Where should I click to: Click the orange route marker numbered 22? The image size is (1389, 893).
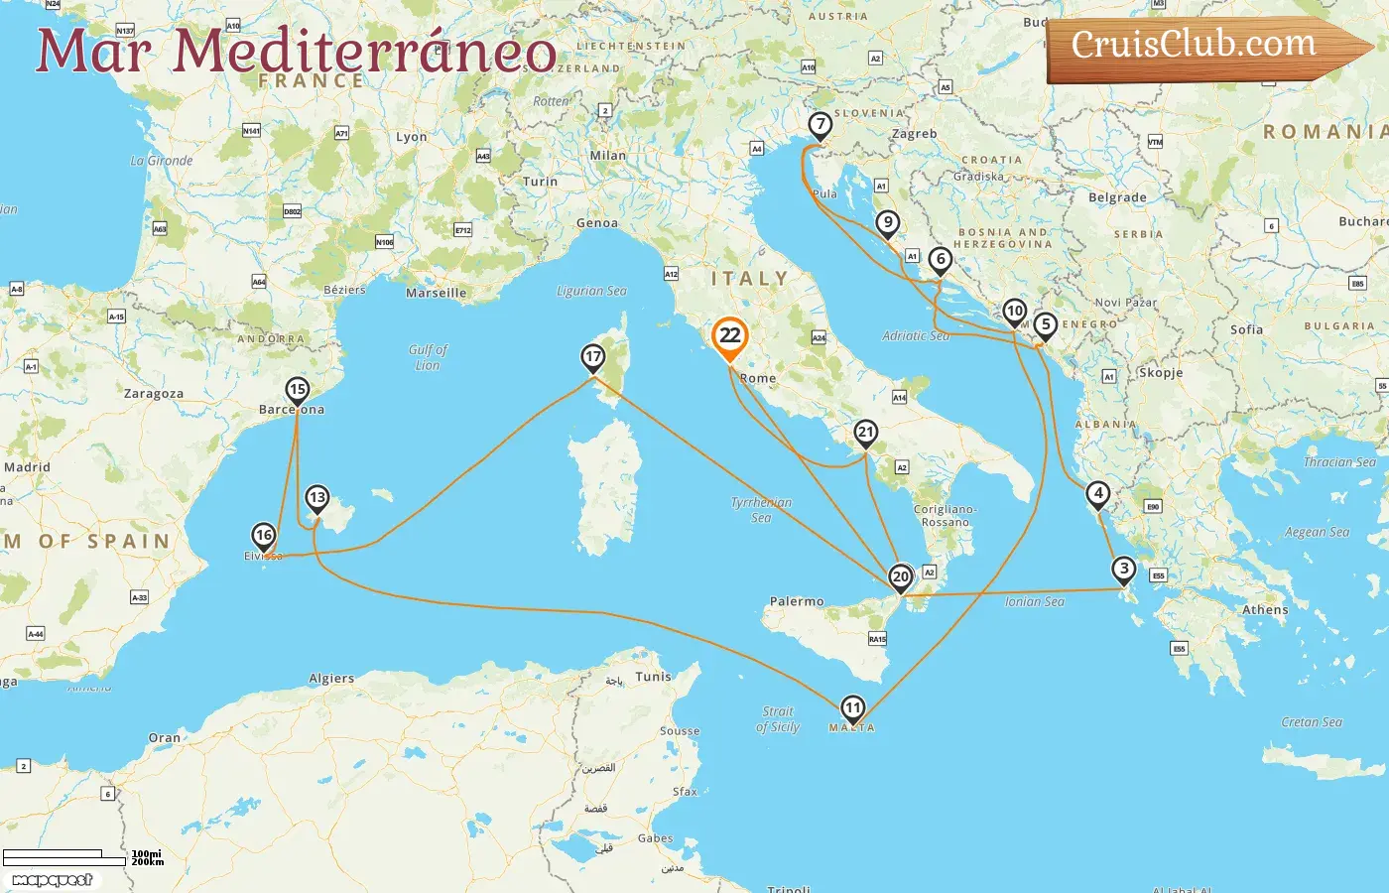(x=730, y=335)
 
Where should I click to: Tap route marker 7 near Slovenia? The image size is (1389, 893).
(x=820, y=125)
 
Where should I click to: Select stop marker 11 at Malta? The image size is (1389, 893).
(x=853, y=707)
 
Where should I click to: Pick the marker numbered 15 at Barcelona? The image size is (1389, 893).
(x=297, y=389)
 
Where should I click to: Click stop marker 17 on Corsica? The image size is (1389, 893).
(x=593, y=357)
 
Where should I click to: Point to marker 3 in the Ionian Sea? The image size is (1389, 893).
(x=1123, y=569)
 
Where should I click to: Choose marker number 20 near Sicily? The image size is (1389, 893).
(x=901, y=576)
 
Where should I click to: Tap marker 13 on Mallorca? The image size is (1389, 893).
(x=317, y=497)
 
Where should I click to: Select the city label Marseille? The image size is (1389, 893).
(x=436, y=293)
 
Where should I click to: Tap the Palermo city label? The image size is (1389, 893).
(x=797, y=601)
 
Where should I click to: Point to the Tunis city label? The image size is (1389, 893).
(x=653, y=677)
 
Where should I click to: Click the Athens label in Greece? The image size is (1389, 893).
(x=1265, y=610)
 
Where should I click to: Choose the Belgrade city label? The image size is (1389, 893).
(x=1117, y=197)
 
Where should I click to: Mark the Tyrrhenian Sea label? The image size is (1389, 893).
(x=761, y=509)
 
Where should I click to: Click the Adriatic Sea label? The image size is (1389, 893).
(x=916, y=336)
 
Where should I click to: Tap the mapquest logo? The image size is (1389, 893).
(x=53, y=880)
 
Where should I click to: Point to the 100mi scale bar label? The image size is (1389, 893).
(x=146, y=853)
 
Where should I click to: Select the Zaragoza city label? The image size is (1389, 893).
(x=154, y=394)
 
